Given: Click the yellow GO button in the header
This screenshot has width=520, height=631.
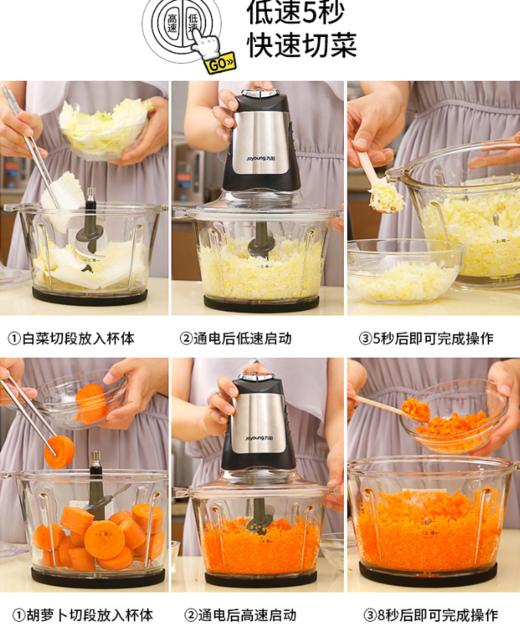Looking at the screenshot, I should point(219,63).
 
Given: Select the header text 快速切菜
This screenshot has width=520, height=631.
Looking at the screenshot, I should point(301,46).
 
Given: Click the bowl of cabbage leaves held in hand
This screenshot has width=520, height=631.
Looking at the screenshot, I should point(104,128).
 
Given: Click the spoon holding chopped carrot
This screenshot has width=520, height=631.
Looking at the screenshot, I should point(403,408).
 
